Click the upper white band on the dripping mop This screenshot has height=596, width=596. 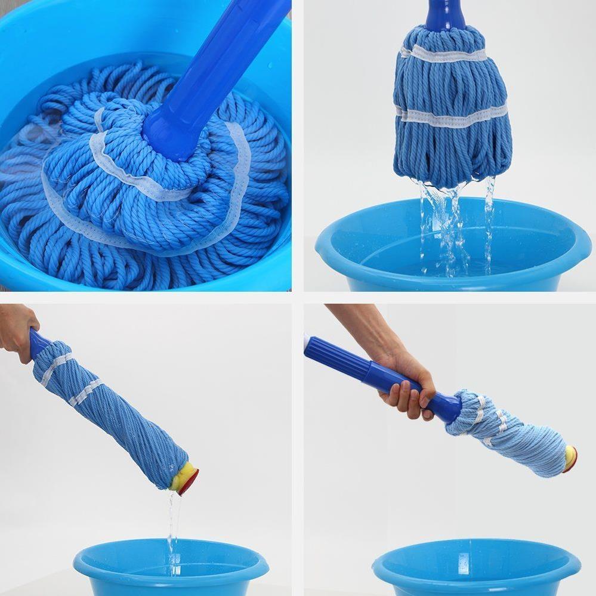click(x=444, y=55)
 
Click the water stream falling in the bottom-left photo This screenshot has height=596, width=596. click(x=172, y=525)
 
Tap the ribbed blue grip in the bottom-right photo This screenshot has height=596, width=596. click(x=337, y=358)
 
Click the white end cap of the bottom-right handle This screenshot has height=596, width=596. click(x=307, y=342)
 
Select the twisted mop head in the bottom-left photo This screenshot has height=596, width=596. click(x=113, y=412)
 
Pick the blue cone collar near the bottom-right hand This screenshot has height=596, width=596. click(x=444, y=406)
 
